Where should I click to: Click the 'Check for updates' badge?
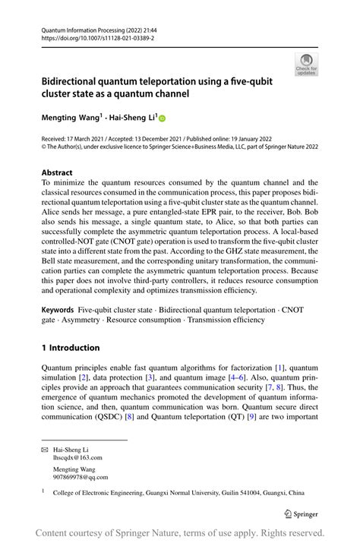306,65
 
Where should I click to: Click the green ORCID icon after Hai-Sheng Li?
161,118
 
